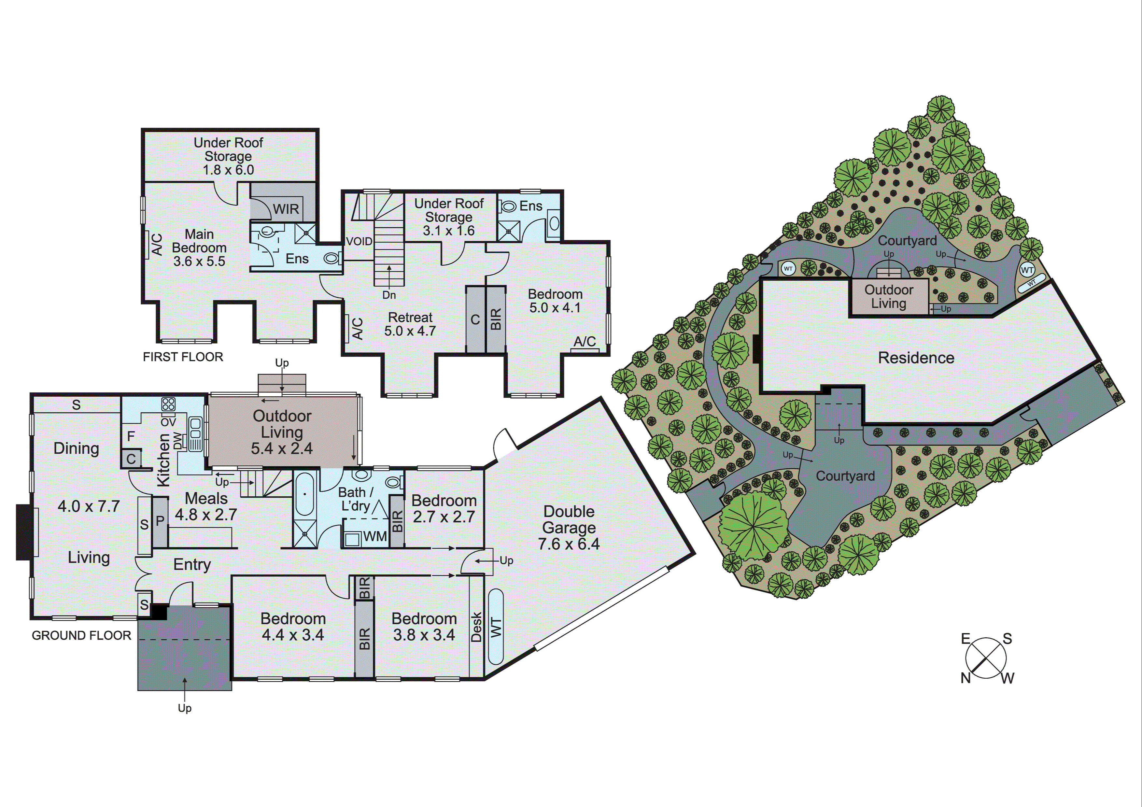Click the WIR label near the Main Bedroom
[x=286, y=209]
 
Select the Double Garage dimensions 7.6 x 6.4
[x=569, y=544]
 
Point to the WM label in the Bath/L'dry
[x=374, y=536]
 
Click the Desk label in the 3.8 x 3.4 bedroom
[x=476, y=627]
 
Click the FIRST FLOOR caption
[x=183, y=357]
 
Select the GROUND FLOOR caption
[x=81, y=635]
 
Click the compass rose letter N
[x=966, y=678]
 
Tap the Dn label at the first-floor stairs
[x=389, y=295]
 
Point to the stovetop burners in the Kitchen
[x=168, y=404]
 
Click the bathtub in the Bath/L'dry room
[x=304, y=494]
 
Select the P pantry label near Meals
[x=160, y=521]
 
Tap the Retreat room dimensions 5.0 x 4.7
[x=410, y=331]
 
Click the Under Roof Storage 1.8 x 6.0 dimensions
[x=228, y=170]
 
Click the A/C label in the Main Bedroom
[x=156, y=244]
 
